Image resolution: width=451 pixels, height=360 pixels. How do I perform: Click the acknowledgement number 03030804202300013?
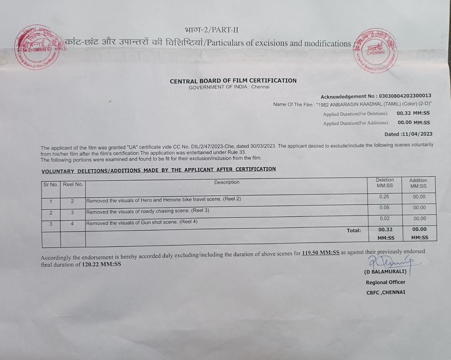[405, 96]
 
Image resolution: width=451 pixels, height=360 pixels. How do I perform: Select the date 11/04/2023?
[417, 134]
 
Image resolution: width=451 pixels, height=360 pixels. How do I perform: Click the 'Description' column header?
[227, 182]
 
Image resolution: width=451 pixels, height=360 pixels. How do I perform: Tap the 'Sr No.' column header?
[51, 185]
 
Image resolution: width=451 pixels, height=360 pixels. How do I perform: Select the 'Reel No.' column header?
[73, 185]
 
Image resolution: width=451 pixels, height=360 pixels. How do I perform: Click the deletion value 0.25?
[384, 197]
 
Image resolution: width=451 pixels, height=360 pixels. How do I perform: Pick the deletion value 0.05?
[384, 208]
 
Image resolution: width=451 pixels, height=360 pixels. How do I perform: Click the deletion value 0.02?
[384, 218]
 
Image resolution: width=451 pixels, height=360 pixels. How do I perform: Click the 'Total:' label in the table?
[354, 231]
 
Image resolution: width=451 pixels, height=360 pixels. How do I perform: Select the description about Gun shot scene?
[142, 222]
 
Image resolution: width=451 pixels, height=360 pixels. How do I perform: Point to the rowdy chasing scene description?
[147, 211]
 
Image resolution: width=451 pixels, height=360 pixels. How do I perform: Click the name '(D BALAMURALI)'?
[386, 272]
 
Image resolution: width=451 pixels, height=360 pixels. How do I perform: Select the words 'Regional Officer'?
[386, 282]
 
